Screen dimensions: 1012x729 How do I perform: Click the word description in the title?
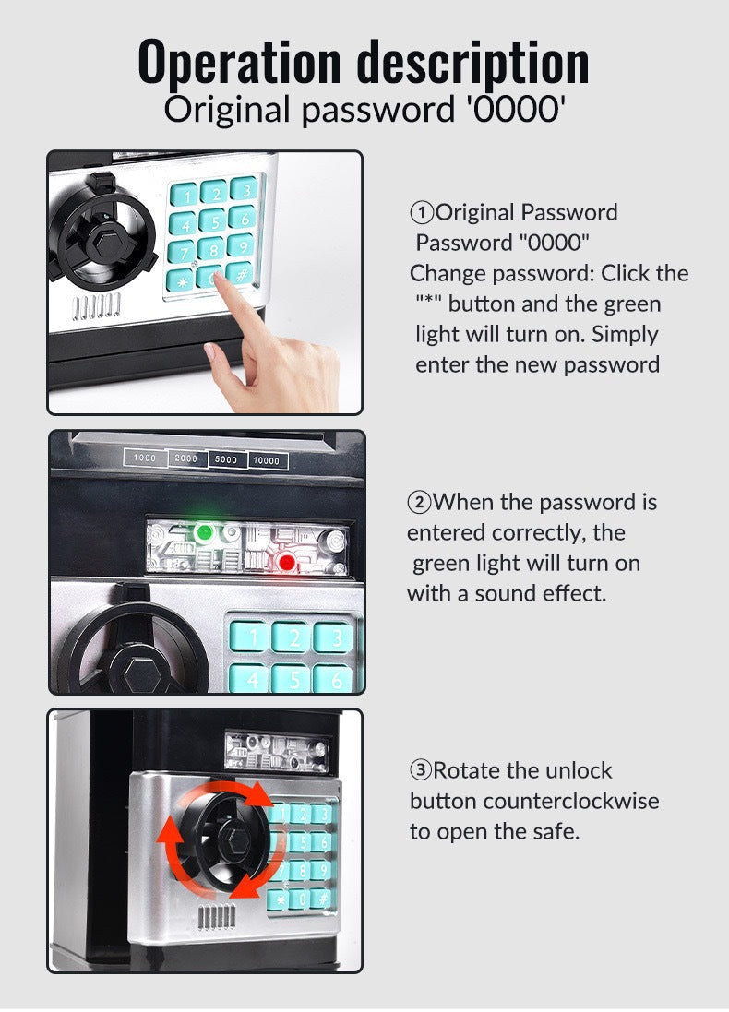pyautogui.click(x=473, y=63)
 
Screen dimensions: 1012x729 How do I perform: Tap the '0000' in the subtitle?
pyautogui.click(x=515, y=110)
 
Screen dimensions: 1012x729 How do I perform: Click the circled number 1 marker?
pyautogui.click(x=422, y=213)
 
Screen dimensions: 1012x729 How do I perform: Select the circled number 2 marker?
pyautogui.click(x=419, y=503)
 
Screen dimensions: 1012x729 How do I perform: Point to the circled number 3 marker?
pyautogui.click(x=421, y=771)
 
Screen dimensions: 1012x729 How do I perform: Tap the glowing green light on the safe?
pyautogui.click(x=204, y=532)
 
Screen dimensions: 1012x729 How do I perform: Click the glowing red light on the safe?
pyautogui.click(x=286, y=561)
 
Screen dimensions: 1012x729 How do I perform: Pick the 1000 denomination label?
pyautogui.click(x=145, y=458)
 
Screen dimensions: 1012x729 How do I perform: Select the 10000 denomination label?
pyautogui.click(x=267, y=459)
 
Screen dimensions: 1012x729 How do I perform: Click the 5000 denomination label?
pyautogui.click(x=226, y=458)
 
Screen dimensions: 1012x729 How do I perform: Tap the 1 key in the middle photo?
pyautogui.click(x=249, y=637)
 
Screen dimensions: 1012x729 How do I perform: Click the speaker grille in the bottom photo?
pyautogui.click(x=217, y=917)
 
